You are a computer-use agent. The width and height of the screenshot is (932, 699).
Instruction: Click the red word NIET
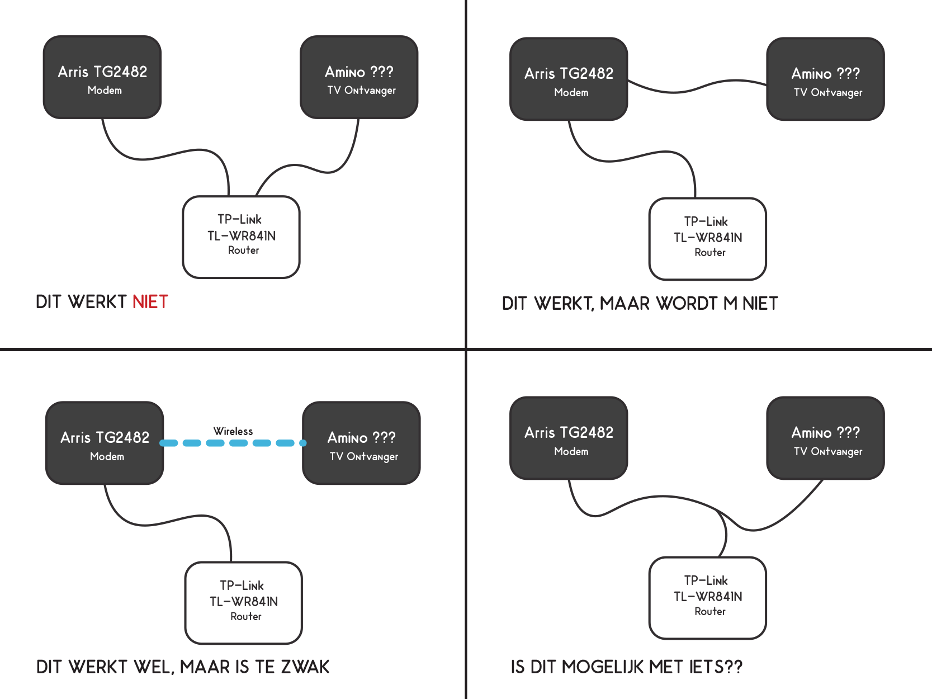point(150,302)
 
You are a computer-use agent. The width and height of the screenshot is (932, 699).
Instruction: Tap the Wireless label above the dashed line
point(233,431)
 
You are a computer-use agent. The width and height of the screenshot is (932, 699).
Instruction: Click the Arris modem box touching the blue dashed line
point(105,443)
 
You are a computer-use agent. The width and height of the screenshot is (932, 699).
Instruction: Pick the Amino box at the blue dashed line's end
point(361,443)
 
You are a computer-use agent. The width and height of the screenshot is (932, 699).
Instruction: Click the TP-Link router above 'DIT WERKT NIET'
point(241,237)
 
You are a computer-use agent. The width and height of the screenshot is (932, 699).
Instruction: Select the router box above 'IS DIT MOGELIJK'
point(707,597)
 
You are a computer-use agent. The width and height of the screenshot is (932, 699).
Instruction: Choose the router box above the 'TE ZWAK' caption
point(243,602)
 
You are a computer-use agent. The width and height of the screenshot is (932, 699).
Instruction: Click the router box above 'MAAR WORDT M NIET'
point(707,238)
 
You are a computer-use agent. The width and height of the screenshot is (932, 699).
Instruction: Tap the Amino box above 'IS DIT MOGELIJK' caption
point(825,438)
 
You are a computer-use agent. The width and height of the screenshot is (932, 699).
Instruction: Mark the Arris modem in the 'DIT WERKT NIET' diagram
point(102,77)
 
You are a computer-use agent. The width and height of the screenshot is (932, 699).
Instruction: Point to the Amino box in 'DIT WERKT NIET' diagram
point(359,77)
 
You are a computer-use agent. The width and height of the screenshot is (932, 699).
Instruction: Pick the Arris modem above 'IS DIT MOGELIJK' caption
point(569,438)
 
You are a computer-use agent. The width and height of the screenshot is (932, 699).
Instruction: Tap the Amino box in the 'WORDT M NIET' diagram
point(825,79)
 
